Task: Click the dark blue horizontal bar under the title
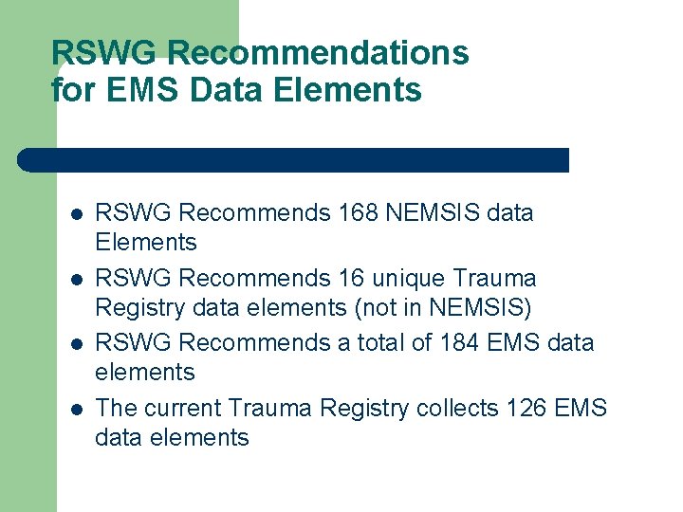pos(294,160)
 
